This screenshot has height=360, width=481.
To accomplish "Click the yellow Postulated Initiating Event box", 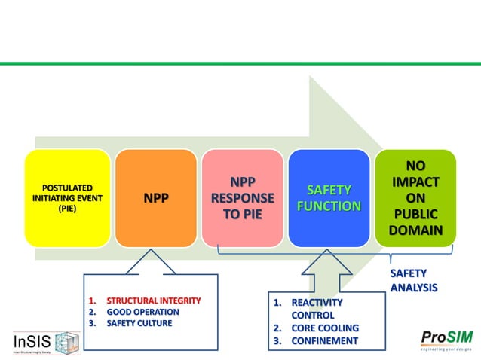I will click(67, 197).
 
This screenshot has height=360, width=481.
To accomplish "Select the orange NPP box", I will click(156, 197).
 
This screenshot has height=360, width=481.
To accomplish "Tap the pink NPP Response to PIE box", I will click(243, 197).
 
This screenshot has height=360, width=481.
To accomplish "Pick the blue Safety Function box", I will click(329, 197).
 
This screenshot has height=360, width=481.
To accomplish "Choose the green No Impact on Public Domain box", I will click(415, 197).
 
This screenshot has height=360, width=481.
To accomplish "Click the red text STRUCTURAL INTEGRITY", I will click(153, 301).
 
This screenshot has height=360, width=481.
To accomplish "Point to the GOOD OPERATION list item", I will click(142, 312).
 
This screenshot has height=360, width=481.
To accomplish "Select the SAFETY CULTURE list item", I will click(139, 323).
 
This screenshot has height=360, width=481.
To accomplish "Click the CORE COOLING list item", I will click(324, 328).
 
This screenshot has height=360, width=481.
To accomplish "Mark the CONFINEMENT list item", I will click(324, 340).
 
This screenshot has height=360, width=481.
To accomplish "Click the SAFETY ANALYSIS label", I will click(413, 280).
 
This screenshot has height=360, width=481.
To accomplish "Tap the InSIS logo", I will click(46, 343).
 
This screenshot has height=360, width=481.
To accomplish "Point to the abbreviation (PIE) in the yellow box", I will click(67, 209).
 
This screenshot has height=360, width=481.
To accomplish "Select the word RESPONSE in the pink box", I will click(243, 198).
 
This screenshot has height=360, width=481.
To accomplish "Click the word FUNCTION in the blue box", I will click(329, 206).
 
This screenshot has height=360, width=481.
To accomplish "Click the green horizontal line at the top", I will click(240, 63).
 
